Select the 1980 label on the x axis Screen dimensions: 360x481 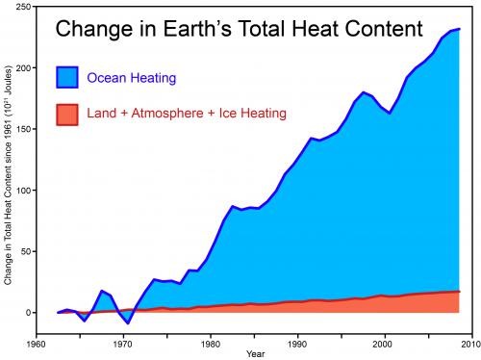[210, 342]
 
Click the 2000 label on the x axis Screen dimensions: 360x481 [384, 342]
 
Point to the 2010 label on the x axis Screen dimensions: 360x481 [469, 342]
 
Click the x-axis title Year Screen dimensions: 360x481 [254, 353]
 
